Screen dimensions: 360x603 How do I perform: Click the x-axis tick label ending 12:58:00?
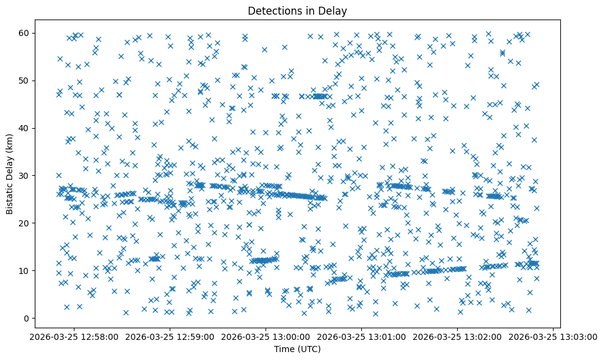(x=73, y=336)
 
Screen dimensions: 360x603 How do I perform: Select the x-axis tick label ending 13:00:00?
(x=265, y=336)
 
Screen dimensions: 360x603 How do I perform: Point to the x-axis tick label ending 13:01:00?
(x=361, y=336)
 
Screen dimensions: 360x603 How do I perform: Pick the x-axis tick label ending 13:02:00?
(x=457, y=336)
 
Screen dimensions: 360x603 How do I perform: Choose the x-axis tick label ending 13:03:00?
(x=553, y=336)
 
